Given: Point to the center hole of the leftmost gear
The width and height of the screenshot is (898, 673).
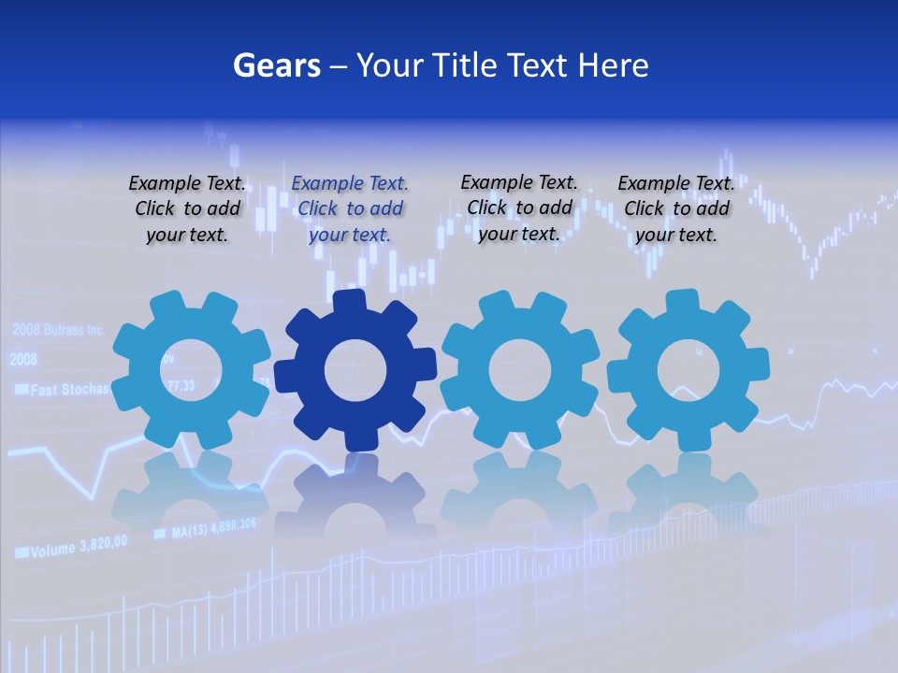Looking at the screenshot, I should [x=191, y=370].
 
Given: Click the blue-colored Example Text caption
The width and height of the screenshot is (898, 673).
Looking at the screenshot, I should [x=350, y=209].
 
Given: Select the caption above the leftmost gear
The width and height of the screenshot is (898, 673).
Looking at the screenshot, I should [x=187, y=209].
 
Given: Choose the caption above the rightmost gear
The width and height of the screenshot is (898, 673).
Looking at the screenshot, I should [x=676, y=209].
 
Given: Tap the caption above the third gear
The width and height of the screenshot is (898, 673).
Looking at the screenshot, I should [x=519, y=208].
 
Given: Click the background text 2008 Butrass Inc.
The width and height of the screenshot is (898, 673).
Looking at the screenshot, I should [x=58, y=330].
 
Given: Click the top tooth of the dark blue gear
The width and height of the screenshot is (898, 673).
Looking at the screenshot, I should [x=350, y=301].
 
